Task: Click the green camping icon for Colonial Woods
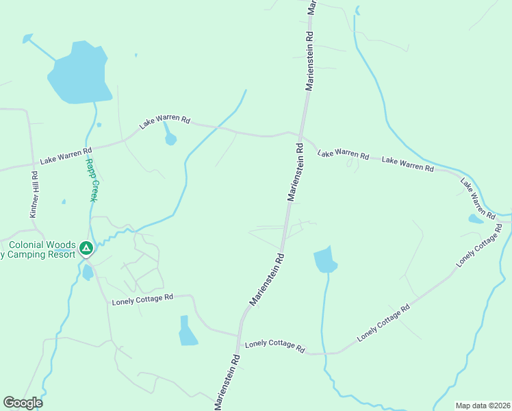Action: pyautogui.click(x=86, y=247)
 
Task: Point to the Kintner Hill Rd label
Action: pyautogui.click(x=34, y=195)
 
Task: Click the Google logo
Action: pyautogui.click(x=23, y=403)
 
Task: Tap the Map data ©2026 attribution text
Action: pyautogui.click(x=482, y=406)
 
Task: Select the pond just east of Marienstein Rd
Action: pyautogui.click(x=325, y=260)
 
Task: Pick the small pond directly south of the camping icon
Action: pyautogui.click(x=88, y=272)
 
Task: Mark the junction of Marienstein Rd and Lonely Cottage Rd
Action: pyautogui.click(x=239, y=336)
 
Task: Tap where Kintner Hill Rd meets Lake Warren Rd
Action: pyautogui.click(x=31, y=164)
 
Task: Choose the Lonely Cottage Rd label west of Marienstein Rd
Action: pyautogui.click(x=142, y=299)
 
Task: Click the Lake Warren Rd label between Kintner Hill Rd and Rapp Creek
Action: pyautogui.click(x=66, y=156)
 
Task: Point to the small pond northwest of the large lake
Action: pyautogui.click(x=27, y=38)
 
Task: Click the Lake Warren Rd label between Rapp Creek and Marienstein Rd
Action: pyautogui.click(x=164, y=121)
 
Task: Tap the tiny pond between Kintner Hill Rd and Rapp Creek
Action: pyautogui.click(x=63, y=201)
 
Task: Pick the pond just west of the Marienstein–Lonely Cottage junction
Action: pyautogui.click(x=187, y=332)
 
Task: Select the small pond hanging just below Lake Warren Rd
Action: pyautogui.click(x=170, y=139)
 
